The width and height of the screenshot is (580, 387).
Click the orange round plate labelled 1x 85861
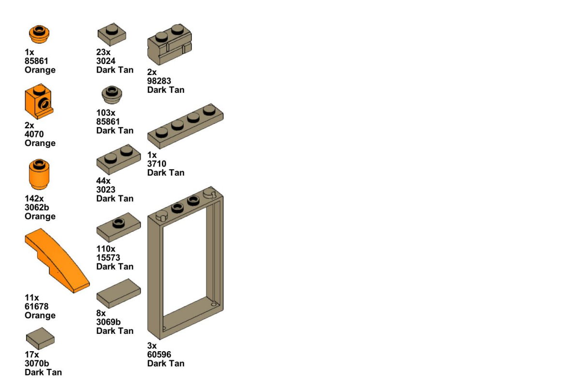pos(39,34)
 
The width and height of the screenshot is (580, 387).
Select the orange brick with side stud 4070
pos(39,102)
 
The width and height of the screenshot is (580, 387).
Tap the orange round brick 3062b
pos(39,174)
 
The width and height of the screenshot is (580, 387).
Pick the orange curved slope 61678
pos(57,261)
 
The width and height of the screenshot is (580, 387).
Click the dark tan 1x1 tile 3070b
pos(40,338)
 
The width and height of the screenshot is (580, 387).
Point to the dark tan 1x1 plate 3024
pos(112,34)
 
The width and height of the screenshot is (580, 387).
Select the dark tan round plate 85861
pos(112,95)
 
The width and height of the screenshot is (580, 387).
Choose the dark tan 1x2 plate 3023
pos(118,160)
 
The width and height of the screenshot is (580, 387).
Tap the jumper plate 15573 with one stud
pos(118,227)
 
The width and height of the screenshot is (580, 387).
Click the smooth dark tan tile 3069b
pos(118,294)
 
